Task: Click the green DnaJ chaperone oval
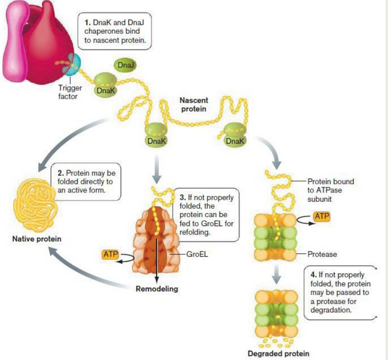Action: (x=124, y=64)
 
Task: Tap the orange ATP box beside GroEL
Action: (x=111, y=254)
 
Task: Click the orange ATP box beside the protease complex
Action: (x=323, y=216)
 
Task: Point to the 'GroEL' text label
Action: (x=197, y=254)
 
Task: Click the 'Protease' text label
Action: (x=322, y=254)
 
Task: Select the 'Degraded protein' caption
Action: (x=278, y=354)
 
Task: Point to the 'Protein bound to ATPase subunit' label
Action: (x=331, y=189)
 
